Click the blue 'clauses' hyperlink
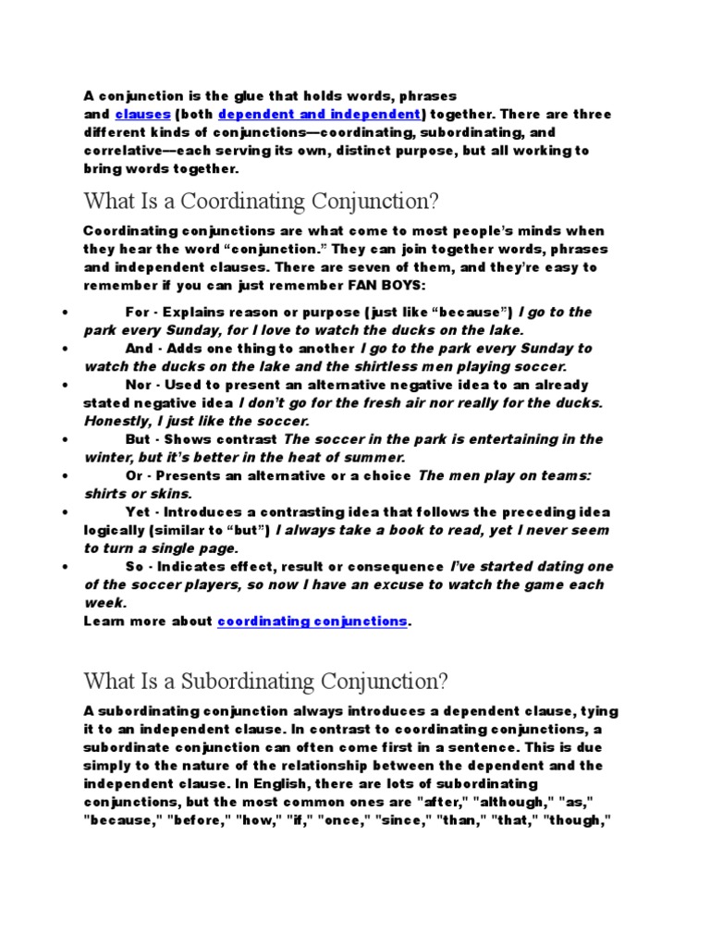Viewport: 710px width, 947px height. click(142, 115)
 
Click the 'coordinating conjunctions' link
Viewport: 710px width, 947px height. click(312, 621)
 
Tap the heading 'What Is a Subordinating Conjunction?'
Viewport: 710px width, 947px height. click(265, 682)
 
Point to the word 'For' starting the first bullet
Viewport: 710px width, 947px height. click(136, 312)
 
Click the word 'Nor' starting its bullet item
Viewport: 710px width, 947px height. click(137, 385)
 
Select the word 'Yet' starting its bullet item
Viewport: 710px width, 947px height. click(136, 512)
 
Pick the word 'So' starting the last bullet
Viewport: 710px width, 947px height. click(133, 567)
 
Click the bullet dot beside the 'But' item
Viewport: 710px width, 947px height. click(61, 440)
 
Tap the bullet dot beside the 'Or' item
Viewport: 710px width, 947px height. click(61, 476)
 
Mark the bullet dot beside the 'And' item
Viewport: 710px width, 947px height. click(61, 350)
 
